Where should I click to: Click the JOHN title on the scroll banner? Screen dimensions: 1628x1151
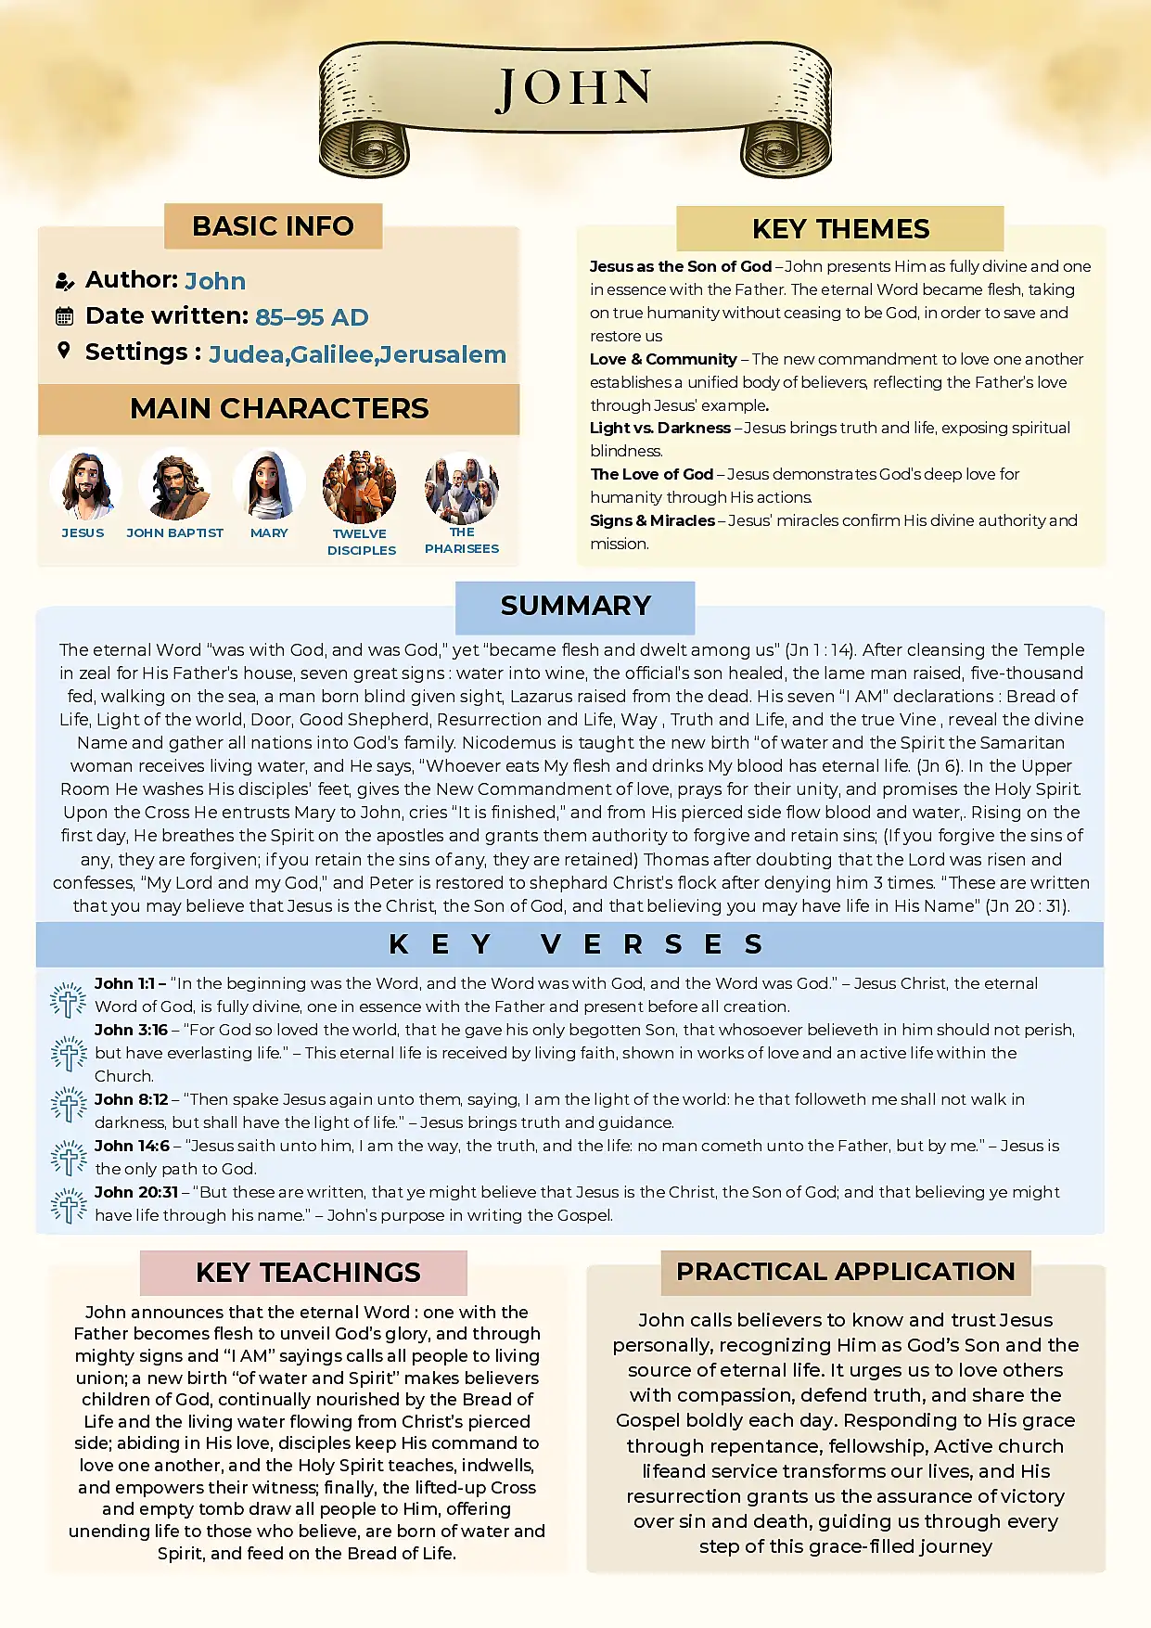[x=574, y=90]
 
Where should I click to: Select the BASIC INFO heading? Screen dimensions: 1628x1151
[x=273, y=226]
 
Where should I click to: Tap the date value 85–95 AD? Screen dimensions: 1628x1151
[x=312, y=317]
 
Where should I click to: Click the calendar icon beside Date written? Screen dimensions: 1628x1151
[x=64, y=316]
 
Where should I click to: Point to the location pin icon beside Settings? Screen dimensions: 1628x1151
[x=64, y=351]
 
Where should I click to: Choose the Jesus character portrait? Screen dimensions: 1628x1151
[x=85, y=485]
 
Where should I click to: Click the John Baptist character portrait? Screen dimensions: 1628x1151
[x=174, y=485]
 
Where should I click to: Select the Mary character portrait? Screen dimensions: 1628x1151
[x=269, y=485]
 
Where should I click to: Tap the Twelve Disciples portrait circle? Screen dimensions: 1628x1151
[x=359, y=487]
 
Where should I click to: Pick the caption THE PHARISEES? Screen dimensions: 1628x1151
[x=462, y=540]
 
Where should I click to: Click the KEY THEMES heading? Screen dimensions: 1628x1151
[x=840, y=229]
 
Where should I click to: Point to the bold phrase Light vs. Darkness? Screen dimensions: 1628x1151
[x=660, y=428]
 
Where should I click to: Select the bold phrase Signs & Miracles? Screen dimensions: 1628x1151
[x=652, y=520]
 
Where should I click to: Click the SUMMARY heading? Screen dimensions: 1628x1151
[x=575, y=606]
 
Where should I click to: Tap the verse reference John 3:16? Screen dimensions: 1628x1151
[x=131, y=1030]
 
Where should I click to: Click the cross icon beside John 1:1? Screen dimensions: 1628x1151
[x=68, y=999]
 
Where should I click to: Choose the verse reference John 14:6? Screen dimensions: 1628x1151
[x=132, y=1146]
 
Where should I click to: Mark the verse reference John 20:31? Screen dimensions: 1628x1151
[x=136, y=1192]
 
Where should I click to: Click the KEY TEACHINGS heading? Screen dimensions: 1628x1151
[x=308, y=1273]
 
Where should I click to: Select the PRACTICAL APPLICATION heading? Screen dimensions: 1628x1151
[x=845, y=1272]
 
